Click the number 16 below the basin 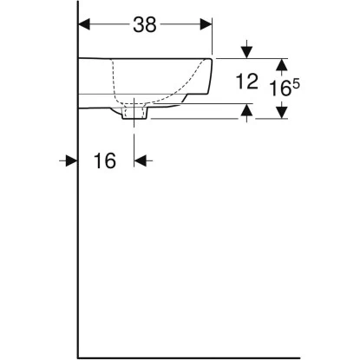coord(104,161)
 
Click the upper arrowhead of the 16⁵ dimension coord(281,63)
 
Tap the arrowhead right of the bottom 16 coord(141,160)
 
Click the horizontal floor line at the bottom coord(217,355)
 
